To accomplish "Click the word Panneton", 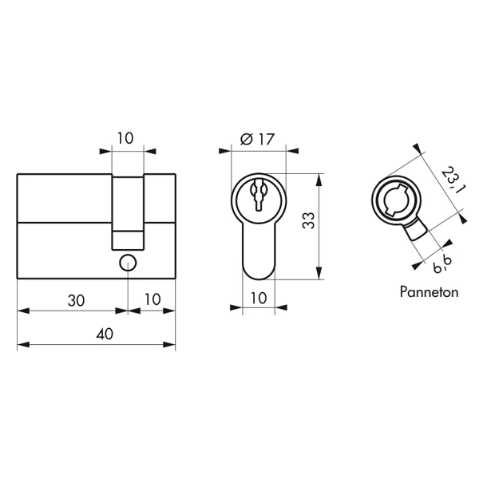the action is click(429, 292).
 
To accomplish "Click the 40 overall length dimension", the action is click(105, 334).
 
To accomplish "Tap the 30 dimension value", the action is click(76, 301).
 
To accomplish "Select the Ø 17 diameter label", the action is click(258, 139).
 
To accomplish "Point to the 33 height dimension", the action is click(308, 220).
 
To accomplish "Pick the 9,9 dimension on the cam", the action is click(442, 264).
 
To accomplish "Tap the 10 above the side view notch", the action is click(125, 138).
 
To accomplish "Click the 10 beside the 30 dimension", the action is click(152, 299).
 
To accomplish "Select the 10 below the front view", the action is click(259, 298).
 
